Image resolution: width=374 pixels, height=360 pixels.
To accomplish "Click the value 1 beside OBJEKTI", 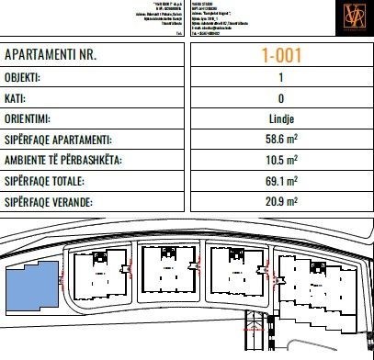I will (279, 77).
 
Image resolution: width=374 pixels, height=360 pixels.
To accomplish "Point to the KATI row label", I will (18, 97).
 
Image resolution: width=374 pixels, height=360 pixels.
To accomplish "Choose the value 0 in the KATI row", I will (279, 97).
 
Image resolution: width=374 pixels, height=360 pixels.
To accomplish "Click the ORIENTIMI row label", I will (35, 118).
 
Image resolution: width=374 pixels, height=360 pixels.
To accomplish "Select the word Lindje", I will (279, 118).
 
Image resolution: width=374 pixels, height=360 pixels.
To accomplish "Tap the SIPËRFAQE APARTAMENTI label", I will (72, 140).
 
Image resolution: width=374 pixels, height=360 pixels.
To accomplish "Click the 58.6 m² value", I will (279, 140).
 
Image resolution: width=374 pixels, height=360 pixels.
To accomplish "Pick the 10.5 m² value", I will (279, 161).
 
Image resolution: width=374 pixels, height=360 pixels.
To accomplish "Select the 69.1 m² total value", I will (279, 181).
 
